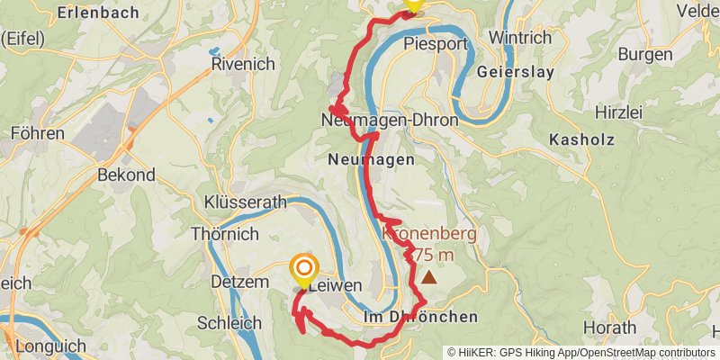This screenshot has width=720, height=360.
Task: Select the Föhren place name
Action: tap(37, 133)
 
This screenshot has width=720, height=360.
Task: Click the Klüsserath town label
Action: tap(245, 202)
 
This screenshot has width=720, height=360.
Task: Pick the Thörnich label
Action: tap(225, 234)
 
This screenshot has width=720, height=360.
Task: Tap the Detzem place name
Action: tap(239, 283)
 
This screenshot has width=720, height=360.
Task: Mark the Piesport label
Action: tap(436, 43)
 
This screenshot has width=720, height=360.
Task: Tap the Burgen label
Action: tap(645, 54)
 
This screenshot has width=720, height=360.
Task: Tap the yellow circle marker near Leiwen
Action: tap(305, 268)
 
